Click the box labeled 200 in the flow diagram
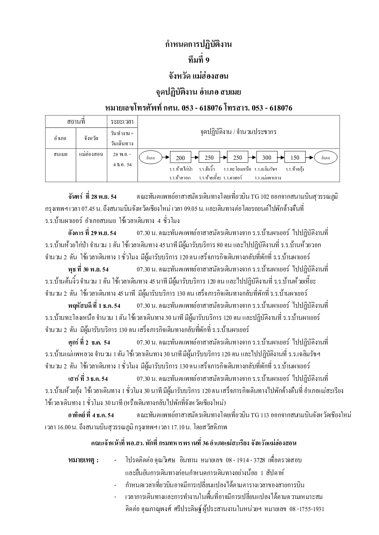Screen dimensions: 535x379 click(180, 158)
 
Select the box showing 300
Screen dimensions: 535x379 click(267, 158)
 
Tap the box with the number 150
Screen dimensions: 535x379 click(295, 158)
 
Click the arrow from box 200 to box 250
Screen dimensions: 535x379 click(195, 158)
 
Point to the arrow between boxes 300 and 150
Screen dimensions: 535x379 click(281, 158)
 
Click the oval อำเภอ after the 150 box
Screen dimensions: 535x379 click(326, 158)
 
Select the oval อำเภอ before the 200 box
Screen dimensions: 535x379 click(150, 158)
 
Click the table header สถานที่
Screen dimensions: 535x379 click(76, 122)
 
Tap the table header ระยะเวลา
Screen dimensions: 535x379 click(122, 122)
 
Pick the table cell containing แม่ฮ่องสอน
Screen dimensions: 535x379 click(91, 154)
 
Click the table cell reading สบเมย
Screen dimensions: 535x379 click(60, 154)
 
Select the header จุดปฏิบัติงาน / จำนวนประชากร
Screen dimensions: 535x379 click(238, 132)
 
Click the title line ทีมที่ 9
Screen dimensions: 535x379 click(198, 60)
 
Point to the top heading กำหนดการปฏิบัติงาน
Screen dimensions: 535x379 click(198, 44)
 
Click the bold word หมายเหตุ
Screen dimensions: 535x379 click(83, 460)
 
